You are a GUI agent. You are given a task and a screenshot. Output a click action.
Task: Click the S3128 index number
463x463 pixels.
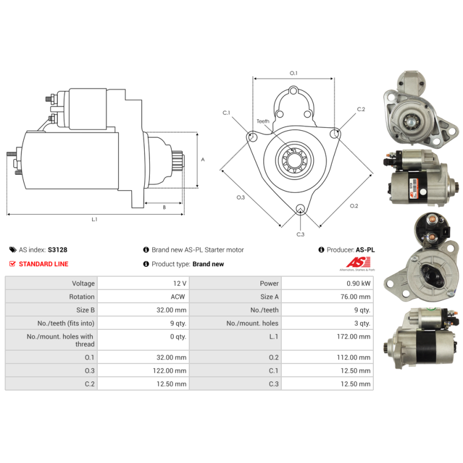coord(57,250)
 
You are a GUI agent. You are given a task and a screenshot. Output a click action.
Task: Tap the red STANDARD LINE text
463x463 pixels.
coord(43,264)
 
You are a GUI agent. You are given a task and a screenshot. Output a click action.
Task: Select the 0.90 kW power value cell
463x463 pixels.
coord(358,284)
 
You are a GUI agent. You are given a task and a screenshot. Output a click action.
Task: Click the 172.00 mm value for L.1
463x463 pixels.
coord(354,337)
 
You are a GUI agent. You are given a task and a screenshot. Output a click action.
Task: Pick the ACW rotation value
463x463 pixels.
coord(178,297)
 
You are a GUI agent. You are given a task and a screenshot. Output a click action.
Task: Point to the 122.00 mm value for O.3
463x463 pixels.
coord(170,370)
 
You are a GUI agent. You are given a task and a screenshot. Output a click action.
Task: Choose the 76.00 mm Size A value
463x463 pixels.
coord(355,297)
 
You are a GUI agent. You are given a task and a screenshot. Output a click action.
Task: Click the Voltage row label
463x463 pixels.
coord(83,284)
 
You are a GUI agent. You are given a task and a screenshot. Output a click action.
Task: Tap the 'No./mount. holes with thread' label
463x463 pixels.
coord(60,340)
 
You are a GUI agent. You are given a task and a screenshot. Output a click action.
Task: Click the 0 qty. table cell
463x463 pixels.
coord(178,337)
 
